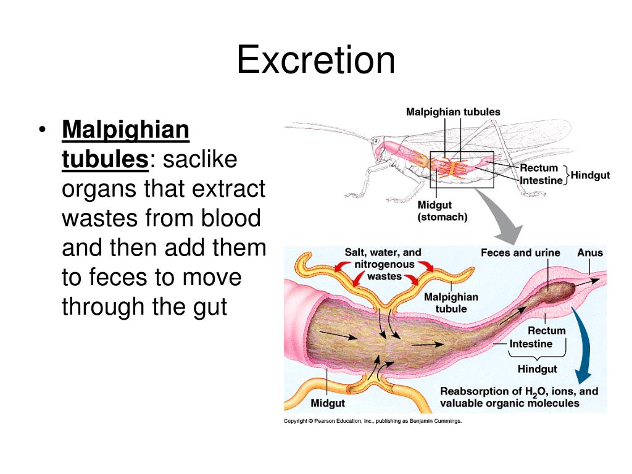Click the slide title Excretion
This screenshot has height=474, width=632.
[315, 60]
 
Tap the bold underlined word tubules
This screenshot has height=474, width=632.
[104, 160]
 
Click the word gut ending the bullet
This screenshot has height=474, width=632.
[208, 306]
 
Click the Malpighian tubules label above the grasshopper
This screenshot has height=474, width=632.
[453, 112]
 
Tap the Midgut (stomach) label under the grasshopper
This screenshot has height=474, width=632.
[443, 210]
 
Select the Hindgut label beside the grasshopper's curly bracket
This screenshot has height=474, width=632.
[590, 175]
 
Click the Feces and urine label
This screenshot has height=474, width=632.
[520, 252]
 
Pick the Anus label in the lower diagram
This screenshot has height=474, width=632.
[589, 252]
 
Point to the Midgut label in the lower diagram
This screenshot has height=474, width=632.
[328, 403]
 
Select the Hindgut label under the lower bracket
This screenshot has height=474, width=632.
[537, 369]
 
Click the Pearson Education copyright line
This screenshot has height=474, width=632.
[372, 421]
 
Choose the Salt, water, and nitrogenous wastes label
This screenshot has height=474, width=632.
[383, 264]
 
